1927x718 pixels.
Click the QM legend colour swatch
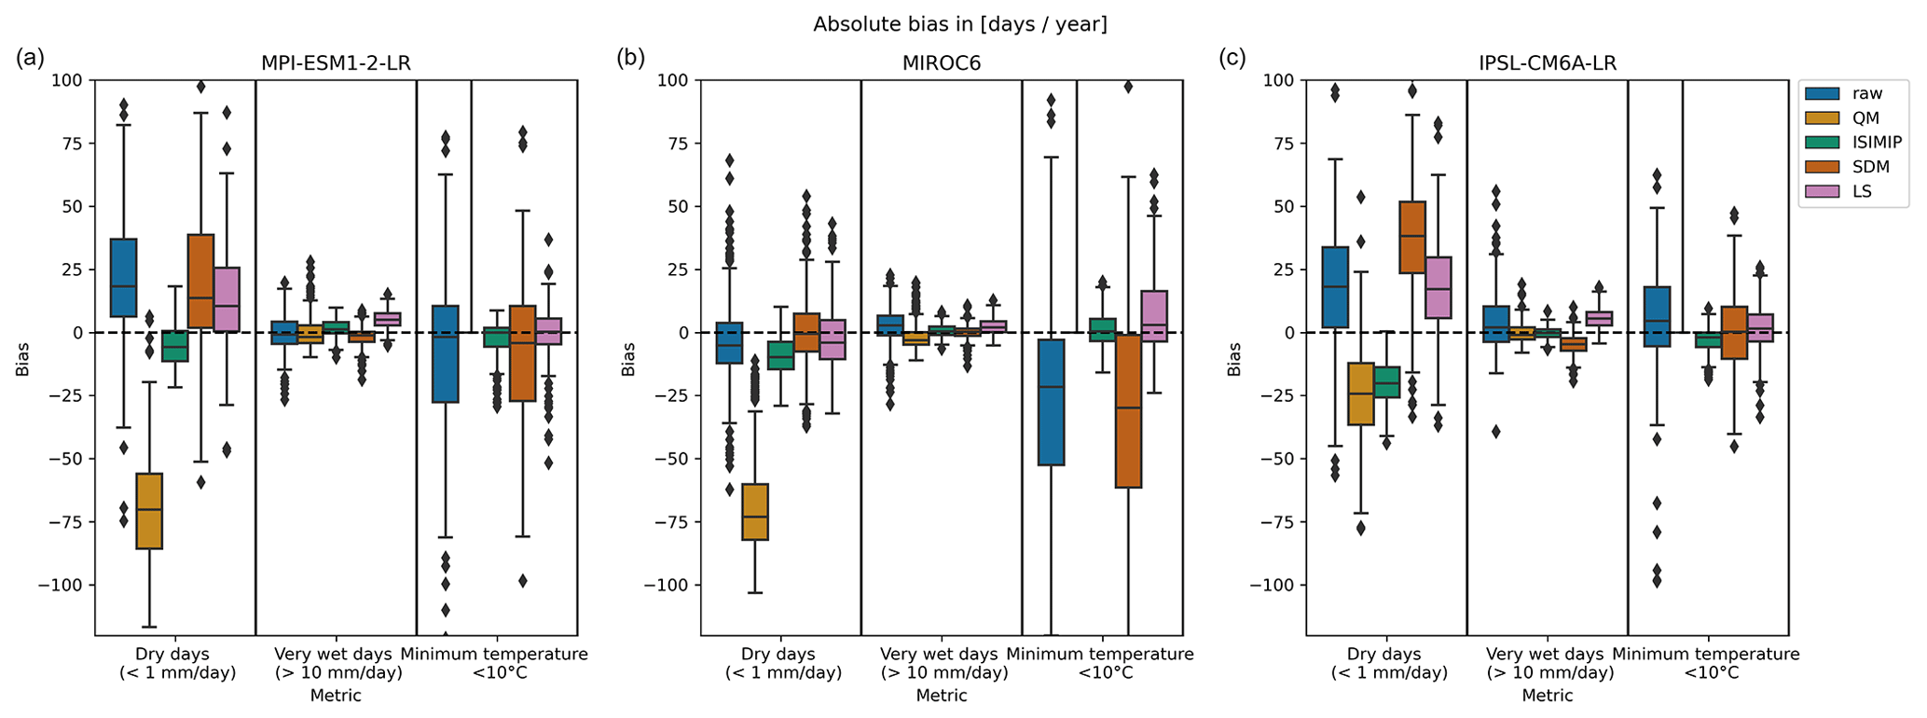coord(1824,118)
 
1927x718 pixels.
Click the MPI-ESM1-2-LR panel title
coord(336,63)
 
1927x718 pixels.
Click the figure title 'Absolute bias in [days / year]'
coord(960,24)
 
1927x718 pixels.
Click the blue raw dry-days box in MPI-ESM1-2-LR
coord(123,277)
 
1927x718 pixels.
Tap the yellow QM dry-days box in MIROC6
coord(755,511)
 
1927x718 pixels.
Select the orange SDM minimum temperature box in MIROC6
coord(1128,410)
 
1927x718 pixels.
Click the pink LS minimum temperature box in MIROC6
coord(1154,316)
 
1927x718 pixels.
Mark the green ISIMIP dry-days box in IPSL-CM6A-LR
coord(1387,382)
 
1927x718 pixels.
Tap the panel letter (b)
coord(631,58)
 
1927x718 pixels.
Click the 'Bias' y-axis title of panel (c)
coord(1234,358)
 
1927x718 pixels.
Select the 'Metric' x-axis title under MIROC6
coord(942,696)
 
